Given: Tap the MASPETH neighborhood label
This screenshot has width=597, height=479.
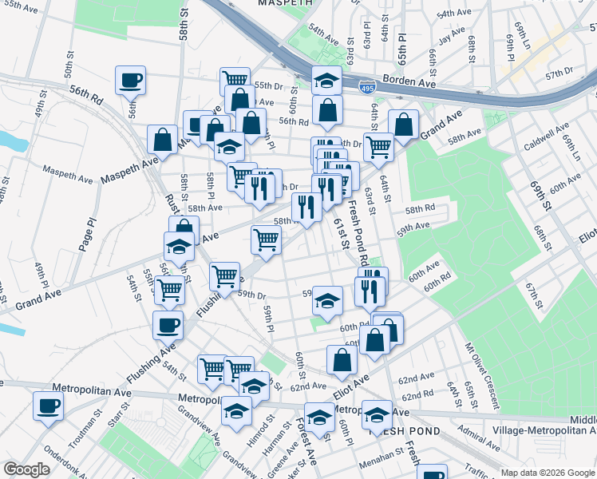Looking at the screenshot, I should coord(285,4).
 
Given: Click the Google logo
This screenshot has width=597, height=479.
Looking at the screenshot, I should coord(26,470).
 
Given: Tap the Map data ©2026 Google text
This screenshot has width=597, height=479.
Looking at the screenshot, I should coord(547,473).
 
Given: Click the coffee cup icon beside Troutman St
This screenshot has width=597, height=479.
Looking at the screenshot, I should coord(48,406).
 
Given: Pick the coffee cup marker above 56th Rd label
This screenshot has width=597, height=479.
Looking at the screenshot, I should coord(130,80).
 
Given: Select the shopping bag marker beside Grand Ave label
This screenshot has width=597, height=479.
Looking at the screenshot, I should coord(404,125).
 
